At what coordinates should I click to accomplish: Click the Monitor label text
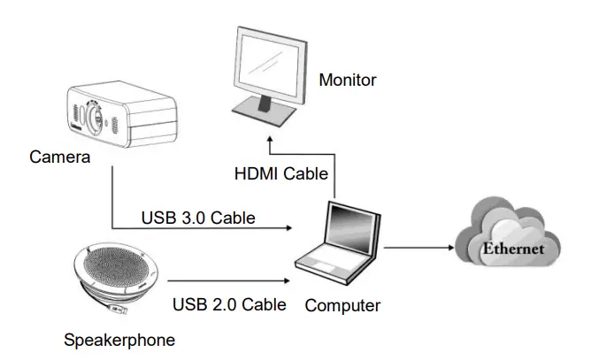(348, 80)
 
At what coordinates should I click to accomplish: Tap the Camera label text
(59, 157)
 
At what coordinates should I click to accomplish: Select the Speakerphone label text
(119, 339)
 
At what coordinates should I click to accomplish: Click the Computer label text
(342, 306)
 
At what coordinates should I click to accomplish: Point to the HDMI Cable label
(280, 173)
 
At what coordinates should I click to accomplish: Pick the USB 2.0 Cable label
(229, 305)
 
